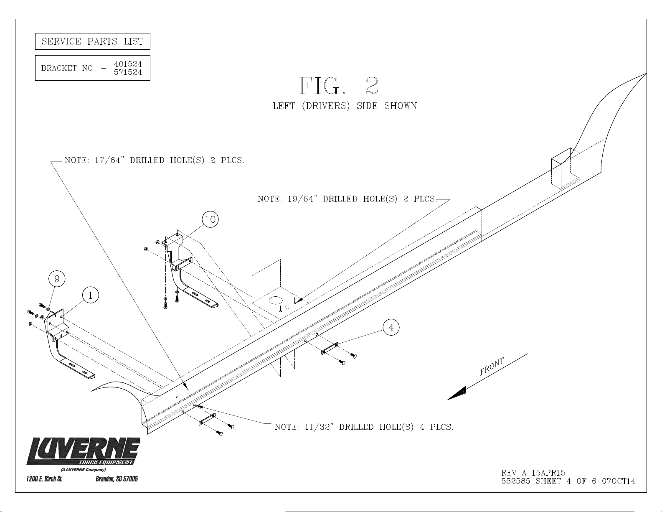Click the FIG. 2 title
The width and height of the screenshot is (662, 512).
pos(338,86)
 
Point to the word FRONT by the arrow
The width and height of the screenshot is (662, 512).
pos(492,366)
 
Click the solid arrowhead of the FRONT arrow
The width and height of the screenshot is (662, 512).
pos(457,393)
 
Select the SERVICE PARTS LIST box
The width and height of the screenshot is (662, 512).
pos(93,41)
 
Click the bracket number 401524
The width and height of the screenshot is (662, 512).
pos(128,64)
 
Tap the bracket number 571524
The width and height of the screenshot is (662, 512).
pos(128,72)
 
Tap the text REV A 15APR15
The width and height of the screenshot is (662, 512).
pos(533,473)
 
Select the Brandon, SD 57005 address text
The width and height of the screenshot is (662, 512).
pos(117,479)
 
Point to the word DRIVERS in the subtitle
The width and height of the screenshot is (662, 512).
pos(326,106)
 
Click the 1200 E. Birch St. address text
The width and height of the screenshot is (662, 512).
pos(44,479)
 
